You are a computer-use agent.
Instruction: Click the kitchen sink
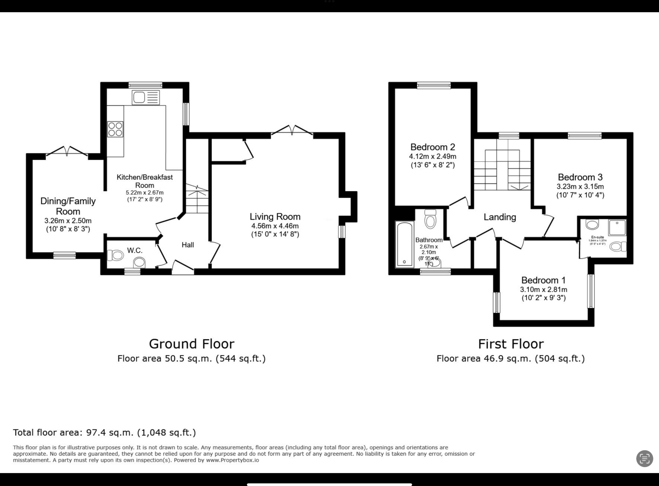pos(145,97)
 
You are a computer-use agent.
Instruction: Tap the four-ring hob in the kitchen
pos(115,129)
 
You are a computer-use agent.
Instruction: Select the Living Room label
pos(275,216)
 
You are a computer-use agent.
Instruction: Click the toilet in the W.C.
pos(116,256)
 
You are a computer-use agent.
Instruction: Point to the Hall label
pos(188,245)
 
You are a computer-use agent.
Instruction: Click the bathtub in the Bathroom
pos(404,244)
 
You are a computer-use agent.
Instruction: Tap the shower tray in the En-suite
pos(617,228)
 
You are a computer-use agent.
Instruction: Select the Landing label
pos(500,217)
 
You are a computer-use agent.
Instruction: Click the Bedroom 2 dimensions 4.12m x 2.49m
pos(432,157)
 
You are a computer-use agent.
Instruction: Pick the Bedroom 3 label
pos(580,177)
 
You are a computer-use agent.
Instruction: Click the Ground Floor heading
pos(191,344)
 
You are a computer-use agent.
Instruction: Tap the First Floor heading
pos(511,344)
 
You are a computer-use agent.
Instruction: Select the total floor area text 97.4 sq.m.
pos(104,432)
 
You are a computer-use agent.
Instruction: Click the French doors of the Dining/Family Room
pos(67,151)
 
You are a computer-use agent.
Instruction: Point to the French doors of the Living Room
pos(292,130)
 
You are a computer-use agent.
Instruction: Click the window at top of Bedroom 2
pos(433,85)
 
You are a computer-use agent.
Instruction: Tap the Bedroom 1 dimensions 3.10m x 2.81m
pos(543,289)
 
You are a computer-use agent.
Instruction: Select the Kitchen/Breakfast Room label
pos(144,181)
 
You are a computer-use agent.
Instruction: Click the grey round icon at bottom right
pos(645,458)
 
